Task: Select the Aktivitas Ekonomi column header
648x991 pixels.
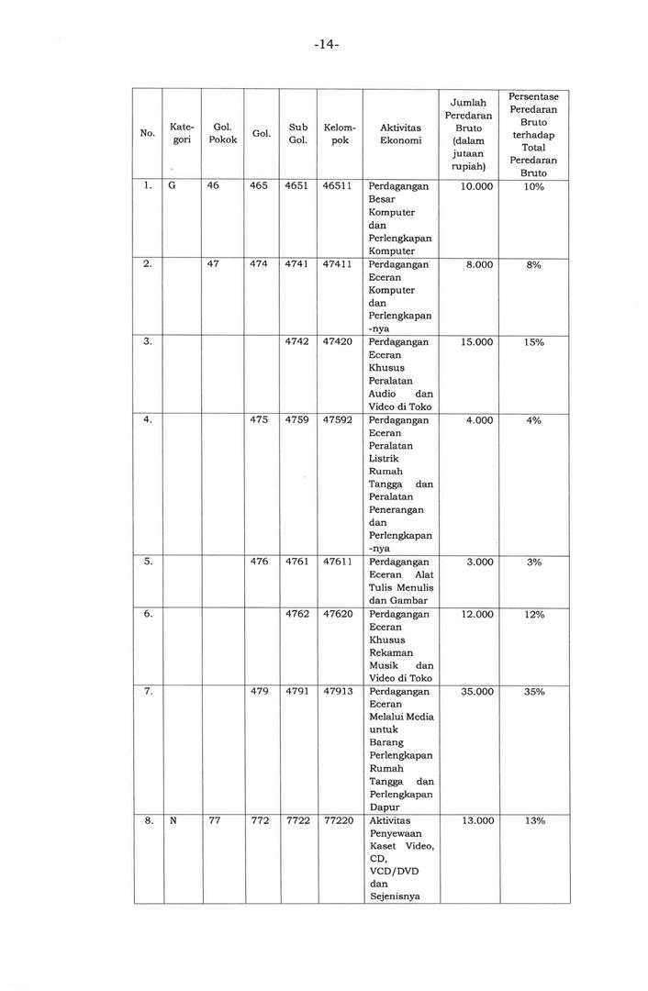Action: [400, 134]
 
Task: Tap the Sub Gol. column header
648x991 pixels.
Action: [297, 134]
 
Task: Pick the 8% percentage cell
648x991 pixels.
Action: [533, 264]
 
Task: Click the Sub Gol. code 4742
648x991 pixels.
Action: [297, 341]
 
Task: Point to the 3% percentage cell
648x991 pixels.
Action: [533, 562]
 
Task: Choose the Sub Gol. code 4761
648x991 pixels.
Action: [297, 562]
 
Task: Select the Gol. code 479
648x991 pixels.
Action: [259, 691]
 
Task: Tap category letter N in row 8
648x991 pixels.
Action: [173, 820]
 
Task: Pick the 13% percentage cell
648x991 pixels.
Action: [533, 820]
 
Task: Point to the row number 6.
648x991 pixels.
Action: [148, 614]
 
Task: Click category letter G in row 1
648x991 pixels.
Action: [173, 186]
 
